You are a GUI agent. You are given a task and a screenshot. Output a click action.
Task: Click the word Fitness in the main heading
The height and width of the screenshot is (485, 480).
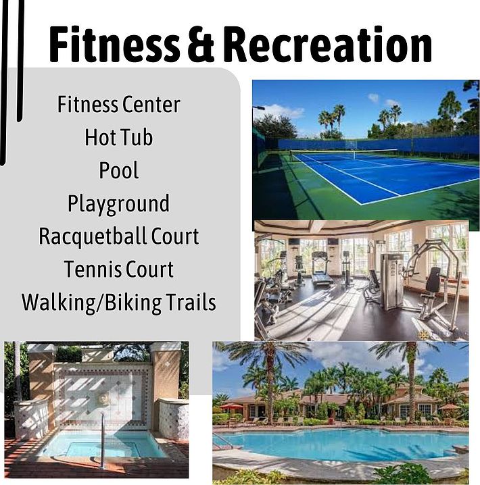pyautogui.click(x=114, y=44)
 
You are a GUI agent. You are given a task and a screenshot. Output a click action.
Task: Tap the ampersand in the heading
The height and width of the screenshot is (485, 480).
pyautogui.click(x=201, y=44)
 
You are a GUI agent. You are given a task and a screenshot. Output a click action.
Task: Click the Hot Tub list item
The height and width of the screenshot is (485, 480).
pyautogui.click(x=119, y=137)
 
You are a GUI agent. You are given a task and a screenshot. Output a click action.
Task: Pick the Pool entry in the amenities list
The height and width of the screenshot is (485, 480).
pyautogui.click(x=119, y=170)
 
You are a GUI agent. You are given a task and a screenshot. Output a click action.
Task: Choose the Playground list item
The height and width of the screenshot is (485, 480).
pyautogui.click(x=118, y=204)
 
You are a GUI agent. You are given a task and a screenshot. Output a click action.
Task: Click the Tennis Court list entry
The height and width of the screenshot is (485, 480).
pyautogui.click(x=118, y=269)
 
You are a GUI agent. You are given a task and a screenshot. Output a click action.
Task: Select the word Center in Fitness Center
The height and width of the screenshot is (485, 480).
pyautogui.click(x=151, y=105)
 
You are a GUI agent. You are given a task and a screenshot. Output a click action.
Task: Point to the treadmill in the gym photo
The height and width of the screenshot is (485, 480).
pyautogui.click(x=321, y=269)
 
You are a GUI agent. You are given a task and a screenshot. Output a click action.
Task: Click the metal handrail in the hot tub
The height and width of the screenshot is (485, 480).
pyautogui.click(x=103, y=440)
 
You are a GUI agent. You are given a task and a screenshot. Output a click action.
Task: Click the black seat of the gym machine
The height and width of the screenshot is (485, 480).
pyautogui.click(x=434, y=279)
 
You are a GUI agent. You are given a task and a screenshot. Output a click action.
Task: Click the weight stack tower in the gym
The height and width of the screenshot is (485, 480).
pyautogui.click(x=391, y=280)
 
